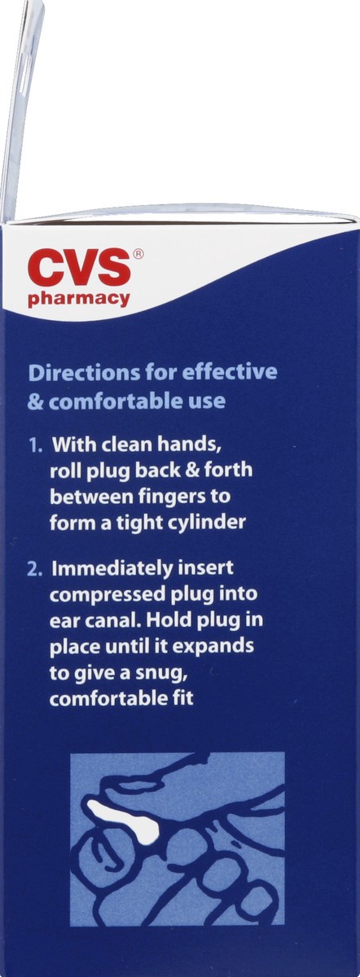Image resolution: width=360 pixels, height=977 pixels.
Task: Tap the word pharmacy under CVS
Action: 79,299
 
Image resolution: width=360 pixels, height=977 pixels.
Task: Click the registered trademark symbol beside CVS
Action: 138,254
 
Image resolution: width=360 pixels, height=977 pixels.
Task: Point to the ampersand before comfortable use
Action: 35,401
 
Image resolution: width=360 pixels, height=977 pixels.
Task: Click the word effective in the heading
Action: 233,373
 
